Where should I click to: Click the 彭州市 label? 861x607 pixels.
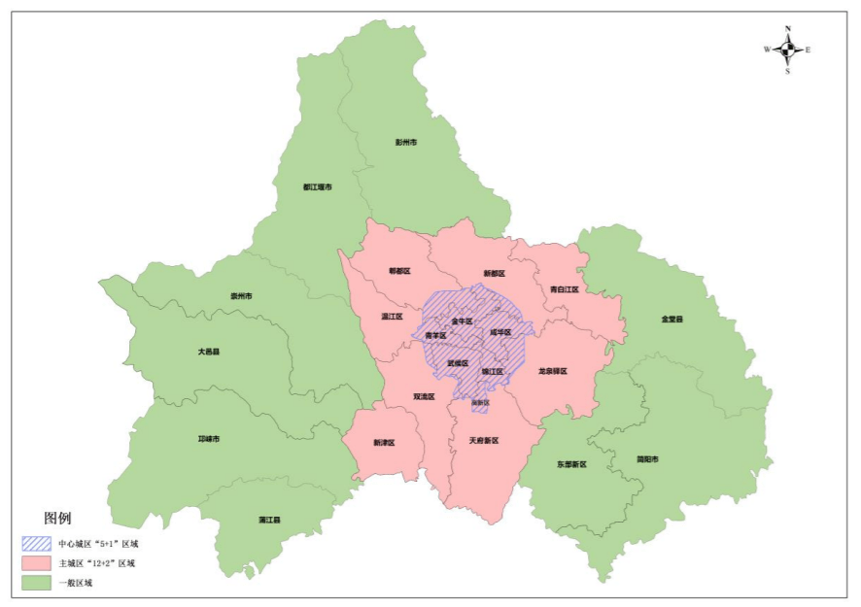(406, 142)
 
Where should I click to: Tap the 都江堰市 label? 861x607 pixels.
(317, 186)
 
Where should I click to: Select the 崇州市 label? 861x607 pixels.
(241, 295)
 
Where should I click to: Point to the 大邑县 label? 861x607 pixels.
(208, 352)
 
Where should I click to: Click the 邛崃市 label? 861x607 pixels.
(209, 439)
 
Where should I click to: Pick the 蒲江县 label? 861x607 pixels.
(269, 521)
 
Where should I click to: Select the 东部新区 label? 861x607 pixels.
(572, 464)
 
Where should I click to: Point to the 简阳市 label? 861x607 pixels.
(647, 458)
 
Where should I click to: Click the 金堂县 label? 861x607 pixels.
(672, 319)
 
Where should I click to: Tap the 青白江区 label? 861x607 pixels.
(564, 289)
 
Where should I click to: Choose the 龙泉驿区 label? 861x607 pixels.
(551, 371)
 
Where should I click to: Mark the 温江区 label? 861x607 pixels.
(392, 317)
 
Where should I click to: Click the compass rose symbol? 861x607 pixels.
(788, 49)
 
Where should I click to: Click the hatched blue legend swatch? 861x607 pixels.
(38, 544)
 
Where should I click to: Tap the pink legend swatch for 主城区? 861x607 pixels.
(38, 563)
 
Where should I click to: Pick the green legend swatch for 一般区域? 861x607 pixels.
(38, 583)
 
